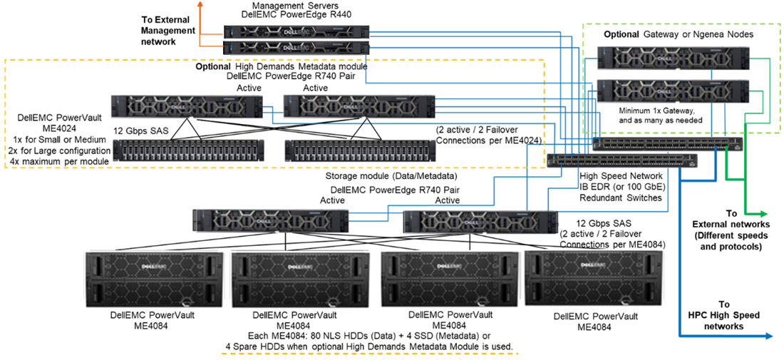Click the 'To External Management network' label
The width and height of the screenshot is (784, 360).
(167, 31)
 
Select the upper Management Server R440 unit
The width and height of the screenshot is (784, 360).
(296, 31)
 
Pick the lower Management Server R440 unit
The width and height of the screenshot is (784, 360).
(296, 47)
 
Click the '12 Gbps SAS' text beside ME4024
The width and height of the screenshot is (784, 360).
(140, 130)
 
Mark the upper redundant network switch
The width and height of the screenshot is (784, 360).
(667, 144)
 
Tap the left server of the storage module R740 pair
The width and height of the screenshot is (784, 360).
(270, 220)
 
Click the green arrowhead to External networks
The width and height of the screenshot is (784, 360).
(765, 214)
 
